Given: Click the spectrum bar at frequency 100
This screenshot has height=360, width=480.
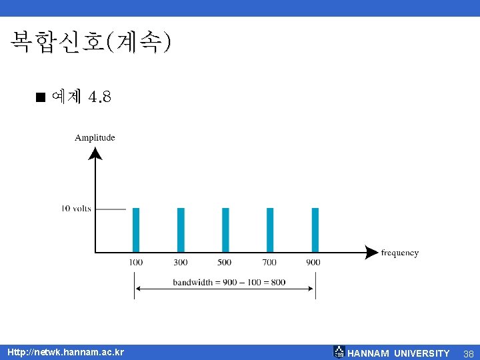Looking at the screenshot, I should (x=136, y=229).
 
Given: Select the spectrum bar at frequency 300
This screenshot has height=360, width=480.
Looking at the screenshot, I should (x=181, y=229).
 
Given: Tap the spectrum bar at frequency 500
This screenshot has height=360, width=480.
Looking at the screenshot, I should (x=225, y=229).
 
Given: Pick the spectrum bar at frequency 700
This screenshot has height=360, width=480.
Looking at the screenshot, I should (x=270, y=229).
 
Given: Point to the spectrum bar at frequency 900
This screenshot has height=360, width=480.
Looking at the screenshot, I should (x=315, y=229).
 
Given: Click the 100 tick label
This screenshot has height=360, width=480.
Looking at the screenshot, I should (x=136, y=262).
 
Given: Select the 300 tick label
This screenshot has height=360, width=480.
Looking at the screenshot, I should (x=181, y=262).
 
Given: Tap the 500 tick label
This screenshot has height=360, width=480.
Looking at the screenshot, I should (x=225, y=262).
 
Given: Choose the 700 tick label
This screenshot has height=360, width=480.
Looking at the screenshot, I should (x=269, y=262).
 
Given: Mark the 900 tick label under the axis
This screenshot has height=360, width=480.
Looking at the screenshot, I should (x=313, y=262).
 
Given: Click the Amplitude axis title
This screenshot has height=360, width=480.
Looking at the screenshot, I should (x=95, y=138).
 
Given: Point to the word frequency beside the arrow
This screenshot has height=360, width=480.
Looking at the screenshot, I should (x=400, y=253).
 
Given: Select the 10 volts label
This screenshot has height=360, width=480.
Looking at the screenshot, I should (x=76, y=209).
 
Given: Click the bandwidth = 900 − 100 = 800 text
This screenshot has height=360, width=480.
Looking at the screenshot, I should (x=229, y=282).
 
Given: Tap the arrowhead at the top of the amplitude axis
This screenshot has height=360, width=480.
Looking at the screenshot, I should (x=96, y=154).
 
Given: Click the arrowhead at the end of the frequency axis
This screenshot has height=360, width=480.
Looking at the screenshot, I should (x=371, y=252).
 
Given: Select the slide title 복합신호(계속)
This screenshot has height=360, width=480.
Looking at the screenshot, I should (x=91, y=43).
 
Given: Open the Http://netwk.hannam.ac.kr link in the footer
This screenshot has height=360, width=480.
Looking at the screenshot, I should (x=65, y=352).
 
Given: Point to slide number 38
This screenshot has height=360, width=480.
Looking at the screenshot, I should (x=468, y=353).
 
